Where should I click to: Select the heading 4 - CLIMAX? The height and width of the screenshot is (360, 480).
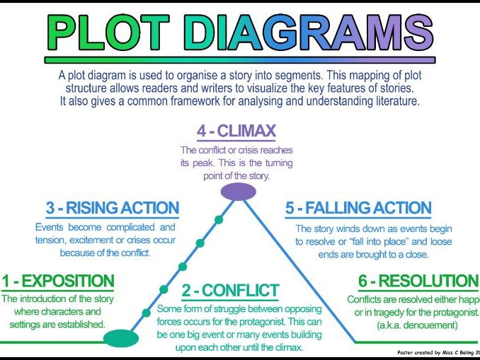tap(236, 131)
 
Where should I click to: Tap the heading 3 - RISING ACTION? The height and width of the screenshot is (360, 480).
tap(113, 209)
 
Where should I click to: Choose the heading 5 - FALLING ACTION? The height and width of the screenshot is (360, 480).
tap(358, 209)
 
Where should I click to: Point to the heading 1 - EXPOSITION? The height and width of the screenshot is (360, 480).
tap(57, 281)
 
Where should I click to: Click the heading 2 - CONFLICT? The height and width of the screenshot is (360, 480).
tap(230, 291)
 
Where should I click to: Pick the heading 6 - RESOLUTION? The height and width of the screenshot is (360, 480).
tap(418, 281)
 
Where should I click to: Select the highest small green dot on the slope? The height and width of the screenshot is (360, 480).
tap(219, 220)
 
